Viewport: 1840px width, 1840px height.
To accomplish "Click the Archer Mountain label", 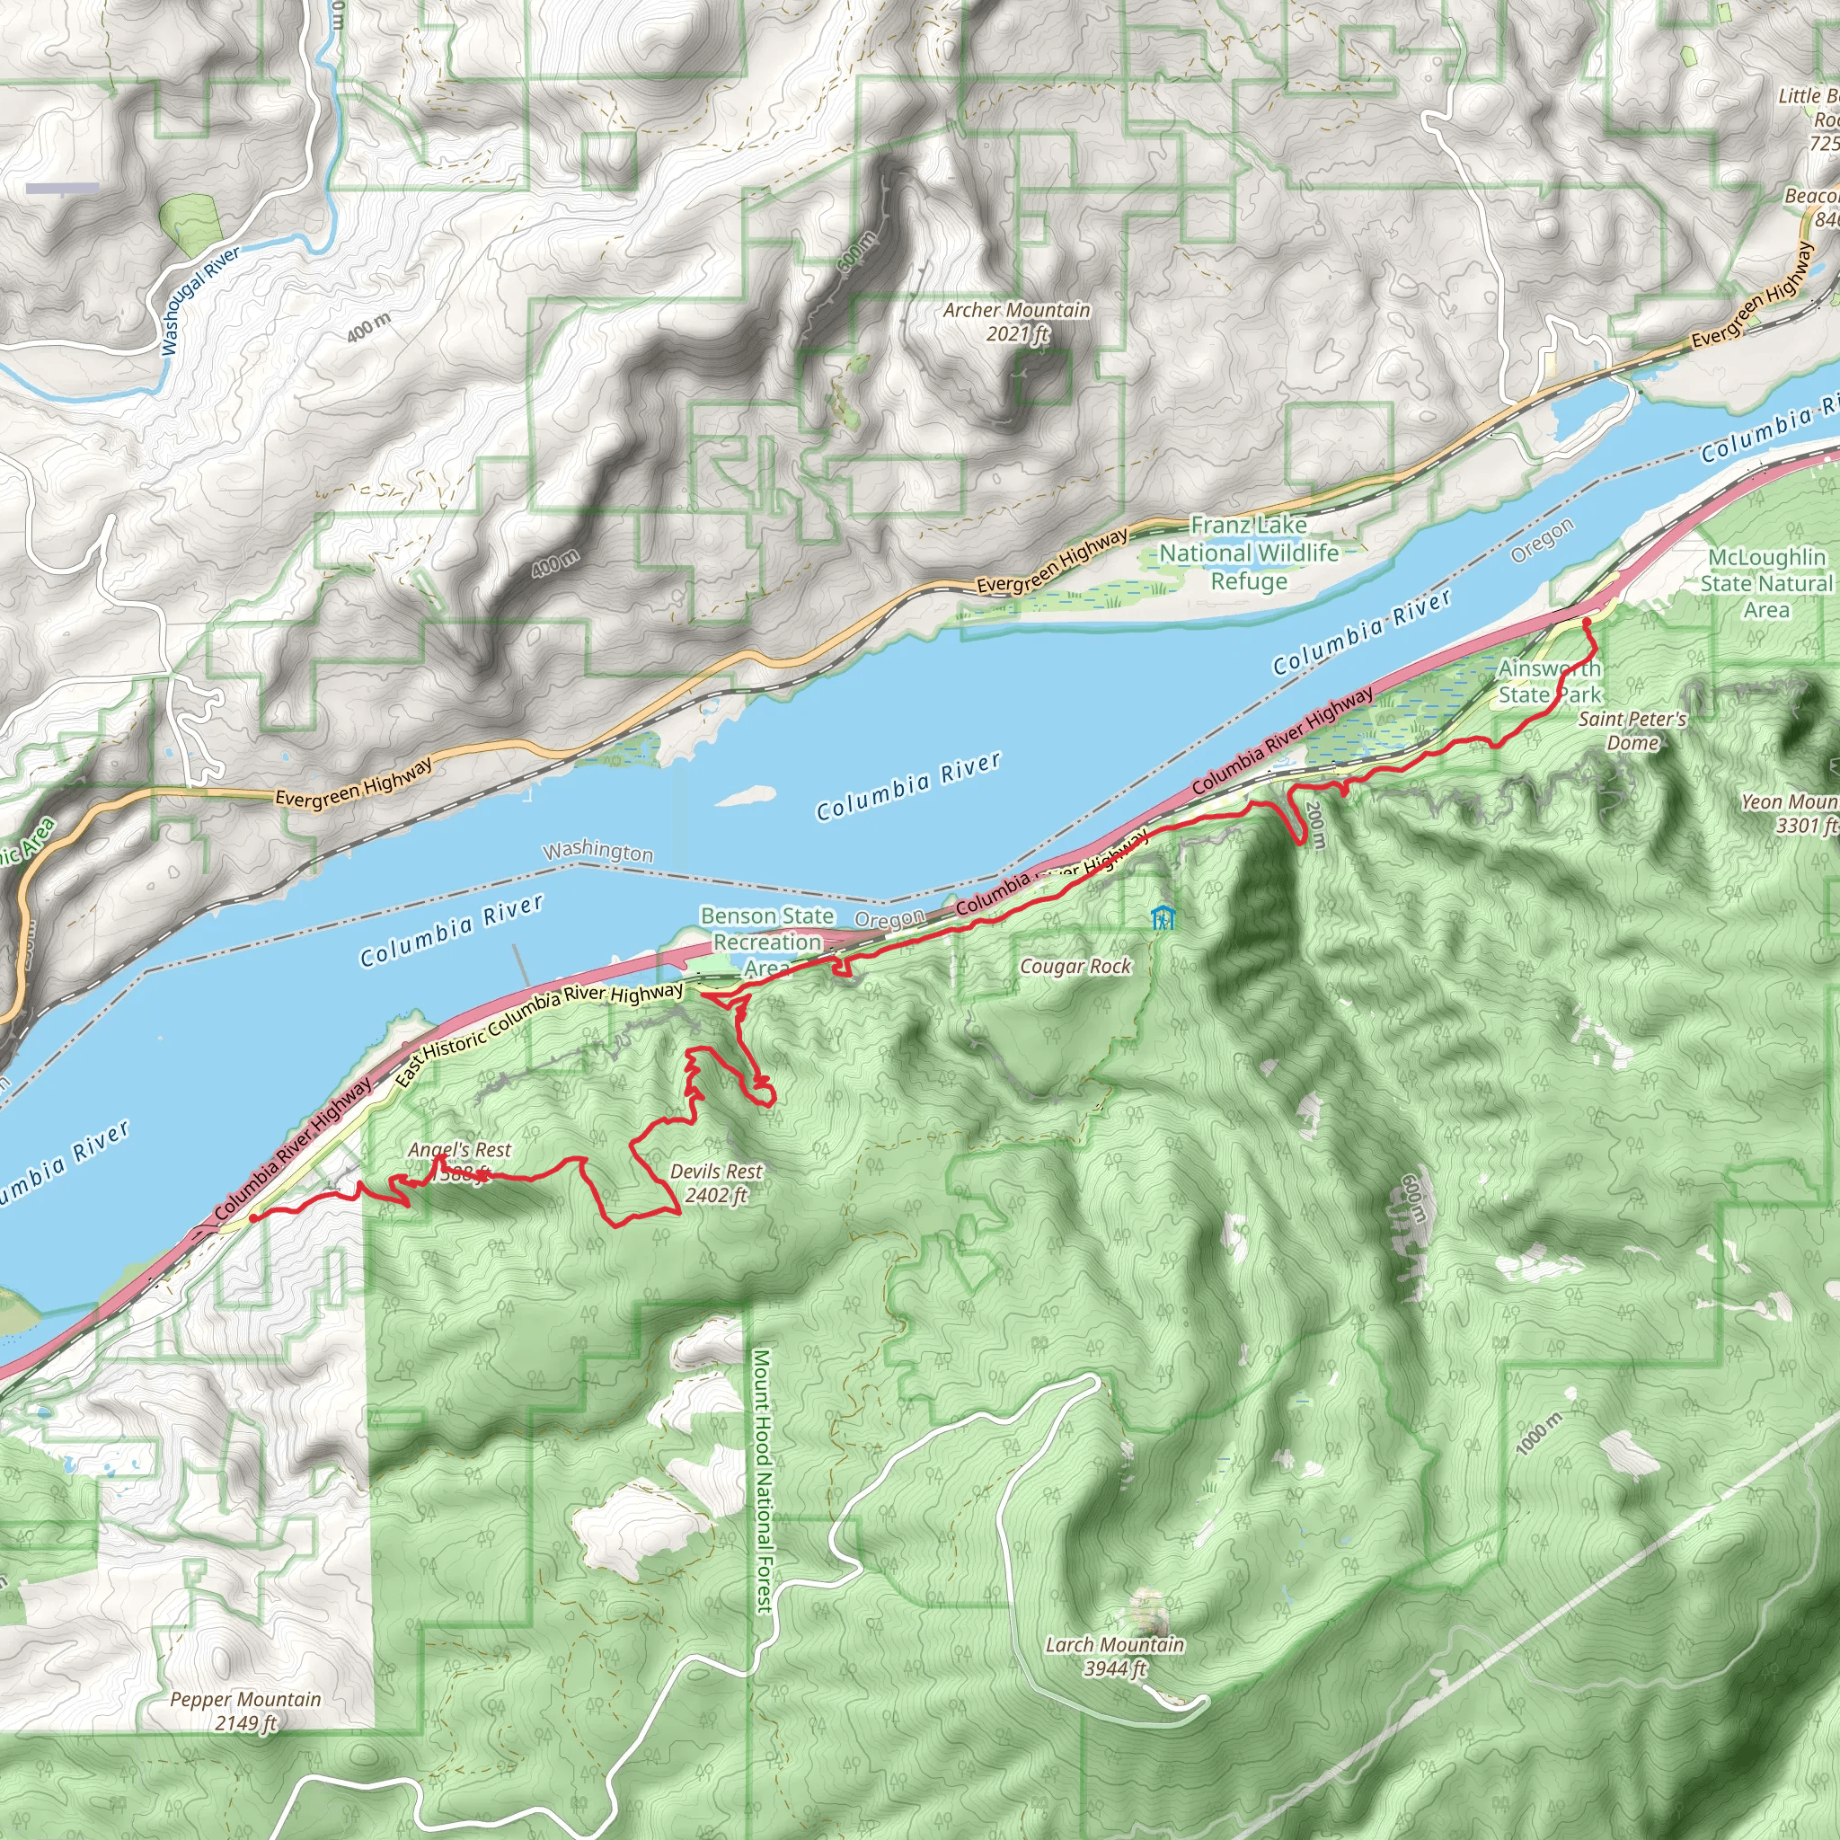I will pos(1016,321).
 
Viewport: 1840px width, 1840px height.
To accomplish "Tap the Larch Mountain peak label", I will pos(1114,1656).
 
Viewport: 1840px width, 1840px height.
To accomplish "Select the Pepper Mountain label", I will pos(244,1711).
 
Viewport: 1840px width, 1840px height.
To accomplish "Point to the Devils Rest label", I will pos(716,1183).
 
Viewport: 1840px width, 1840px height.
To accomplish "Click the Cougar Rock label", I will pos(1075,967).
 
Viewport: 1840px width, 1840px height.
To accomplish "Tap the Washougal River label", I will pos(200,300).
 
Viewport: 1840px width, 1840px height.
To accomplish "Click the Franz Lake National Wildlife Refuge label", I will pos(1249,553).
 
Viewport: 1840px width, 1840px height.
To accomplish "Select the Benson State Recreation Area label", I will pos(766,941).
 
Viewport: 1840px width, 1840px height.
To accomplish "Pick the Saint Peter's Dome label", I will pos(1632,730).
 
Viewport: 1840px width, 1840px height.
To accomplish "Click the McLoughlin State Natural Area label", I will pos(1765,583).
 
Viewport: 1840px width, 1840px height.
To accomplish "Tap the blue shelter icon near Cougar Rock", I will pos(1162,918).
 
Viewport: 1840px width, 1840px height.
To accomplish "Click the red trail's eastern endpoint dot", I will pos(1587,622).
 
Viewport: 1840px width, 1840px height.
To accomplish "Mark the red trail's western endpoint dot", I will pos(253,1217).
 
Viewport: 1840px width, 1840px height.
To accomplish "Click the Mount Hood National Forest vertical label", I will pos(762,1481).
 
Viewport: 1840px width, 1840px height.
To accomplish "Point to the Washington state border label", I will pos(598,851).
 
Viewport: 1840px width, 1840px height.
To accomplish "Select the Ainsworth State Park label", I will pos(1549,681).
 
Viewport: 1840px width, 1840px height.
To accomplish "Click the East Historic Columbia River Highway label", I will pos(538,1036).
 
